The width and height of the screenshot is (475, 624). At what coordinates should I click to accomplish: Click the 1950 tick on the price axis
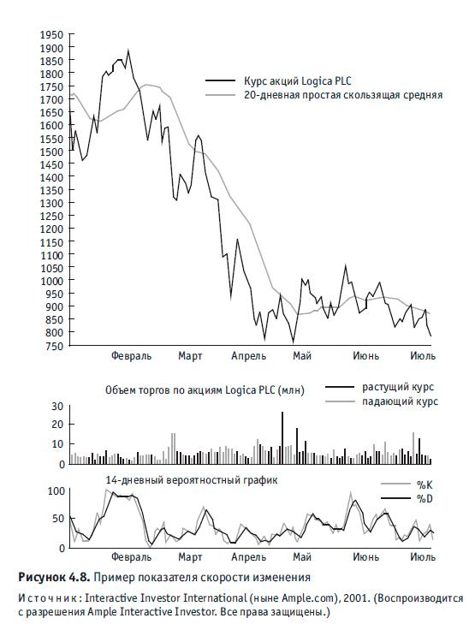click(x=51, y=35)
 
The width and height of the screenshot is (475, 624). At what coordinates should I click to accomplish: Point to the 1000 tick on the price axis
click(x=51, y=281)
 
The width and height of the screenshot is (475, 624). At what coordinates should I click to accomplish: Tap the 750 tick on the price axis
click(x=55, y=346)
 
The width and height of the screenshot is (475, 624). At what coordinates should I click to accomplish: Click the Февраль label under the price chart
click(x=131, y=355)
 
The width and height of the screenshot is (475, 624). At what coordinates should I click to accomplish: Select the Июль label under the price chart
click(x=423, y=355)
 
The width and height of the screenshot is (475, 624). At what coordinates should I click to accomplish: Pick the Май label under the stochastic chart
click(x=302, y=556)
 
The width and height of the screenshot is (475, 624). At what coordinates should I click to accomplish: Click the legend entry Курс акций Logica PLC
click(x=298, y=81)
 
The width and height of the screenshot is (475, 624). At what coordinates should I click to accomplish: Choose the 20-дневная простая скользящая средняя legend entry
click(x=343, y=95)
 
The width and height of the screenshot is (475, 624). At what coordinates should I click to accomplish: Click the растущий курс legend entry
click(x=398, y=387)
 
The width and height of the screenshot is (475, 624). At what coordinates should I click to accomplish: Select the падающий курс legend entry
click(x=400, y=401)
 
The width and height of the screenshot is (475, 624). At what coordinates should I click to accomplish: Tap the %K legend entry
click(x=425, y=484)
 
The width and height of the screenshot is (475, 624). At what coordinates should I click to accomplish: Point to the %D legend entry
click(x=425, y=498)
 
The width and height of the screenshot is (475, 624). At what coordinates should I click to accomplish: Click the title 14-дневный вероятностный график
click(x=192, y=480)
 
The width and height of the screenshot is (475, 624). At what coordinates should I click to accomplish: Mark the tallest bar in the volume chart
click(x=282, y=437)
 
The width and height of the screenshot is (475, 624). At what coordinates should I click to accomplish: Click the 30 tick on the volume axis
click(x=57, y=407)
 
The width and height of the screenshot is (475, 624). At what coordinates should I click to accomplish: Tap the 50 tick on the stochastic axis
click(x=58, y=519)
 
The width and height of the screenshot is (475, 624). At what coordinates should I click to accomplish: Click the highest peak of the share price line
click(x=128, y=50)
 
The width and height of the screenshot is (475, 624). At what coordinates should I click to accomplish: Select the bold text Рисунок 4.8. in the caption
click(x=54, y=577)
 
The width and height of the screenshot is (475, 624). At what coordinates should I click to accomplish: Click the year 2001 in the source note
click(x=353, y=598)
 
